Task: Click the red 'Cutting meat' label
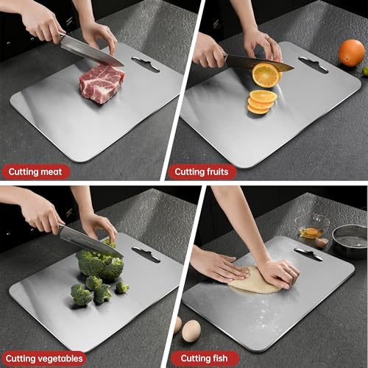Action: pos(35,171)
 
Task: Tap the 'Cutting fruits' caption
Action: pos(202,171)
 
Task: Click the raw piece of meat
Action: pos(101,82)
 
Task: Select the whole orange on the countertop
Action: pos(351,52)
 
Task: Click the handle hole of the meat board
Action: pos(145,65)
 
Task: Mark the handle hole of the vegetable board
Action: pos(145,255)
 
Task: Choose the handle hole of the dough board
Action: pos(308,255)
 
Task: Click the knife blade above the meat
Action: pos(91,50)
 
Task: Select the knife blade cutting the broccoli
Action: pos(88,241)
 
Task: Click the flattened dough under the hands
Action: pos(250,280)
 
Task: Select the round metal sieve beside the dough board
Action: pos(350,239)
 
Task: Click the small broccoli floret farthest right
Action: pos(122,287)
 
